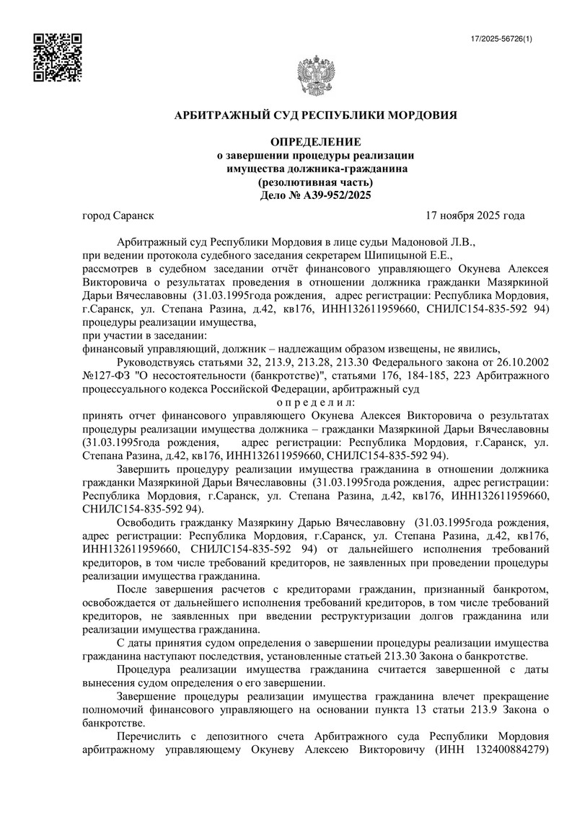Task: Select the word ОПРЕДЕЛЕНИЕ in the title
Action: (x=315, y=142)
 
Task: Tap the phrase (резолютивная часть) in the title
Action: (x=315, y=182)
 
